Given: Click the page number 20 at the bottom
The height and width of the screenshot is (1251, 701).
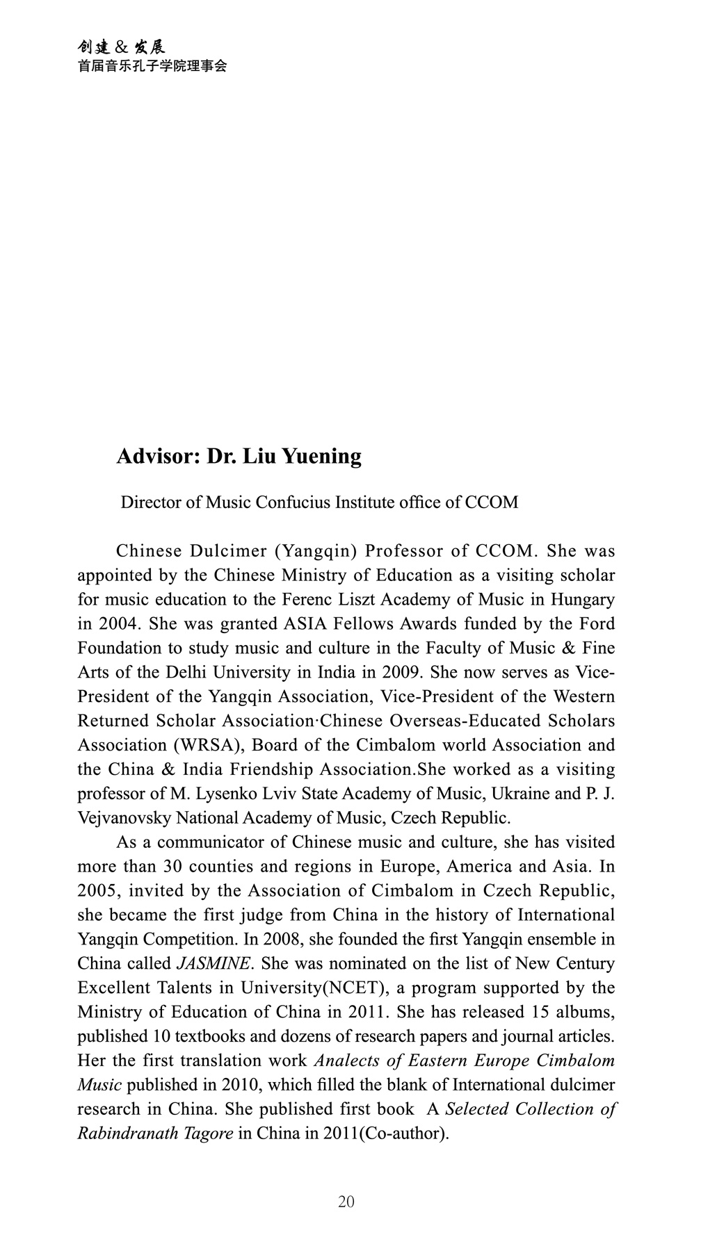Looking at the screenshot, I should point(346,1202).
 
